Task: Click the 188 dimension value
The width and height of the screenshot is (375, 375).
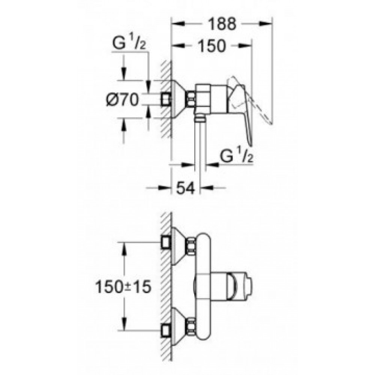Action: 222,24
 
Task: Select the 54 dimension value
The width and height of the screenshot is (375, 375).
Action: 186,188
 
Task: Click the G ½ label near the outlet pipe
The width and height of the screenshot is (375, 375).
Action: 236,156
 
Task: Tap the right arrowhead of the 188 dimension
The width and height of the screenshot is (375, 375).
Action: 265,23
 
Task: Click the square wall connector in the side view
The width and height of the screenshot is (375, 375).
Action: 166,99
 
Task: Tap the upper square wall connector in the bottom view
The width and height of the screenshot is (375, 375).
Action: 166,242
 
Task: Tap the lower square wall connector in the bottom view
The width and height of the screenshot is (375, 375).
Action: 166,331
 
